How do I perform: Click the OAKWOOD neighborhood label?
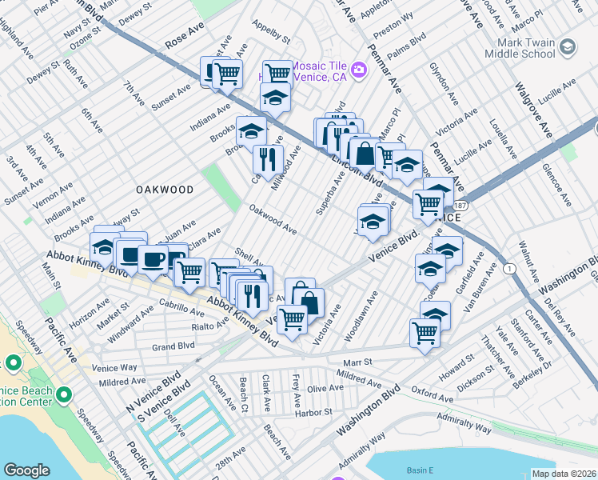(x=165, y=190)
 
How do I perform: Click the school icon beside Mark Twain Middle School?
(x=567, y=47)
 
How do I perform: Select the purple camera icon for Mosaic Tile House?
(x=357, y=70)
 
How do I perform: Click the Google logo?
(x=26, y=470)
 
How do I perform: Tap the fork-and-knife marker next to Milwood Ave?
(x=268, y=158)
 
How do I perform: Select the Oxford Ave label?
(x=433, y=394)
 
